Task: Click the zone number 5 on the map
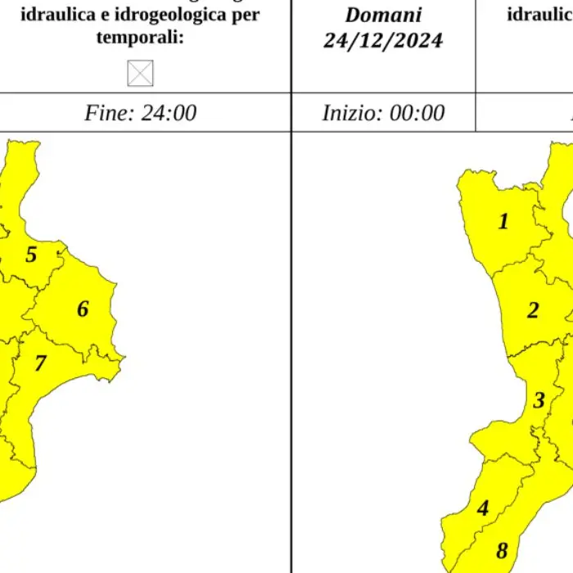pos(31,255)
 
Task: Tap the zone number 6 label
pos(83,309)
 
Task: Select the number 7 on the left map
pos(40,363)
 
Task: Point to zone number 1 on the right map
pos(503,221)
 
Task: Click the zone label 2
pos(533,311)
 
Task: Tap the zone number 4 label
pos(483,508)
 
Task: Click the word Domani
pos(383,15)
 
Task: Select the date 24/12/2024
pos(383,41)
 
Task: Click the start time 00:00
pos(416,113)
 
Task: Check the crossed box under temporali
pos(140,74)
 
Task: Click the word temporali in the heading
pos(140,38)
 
